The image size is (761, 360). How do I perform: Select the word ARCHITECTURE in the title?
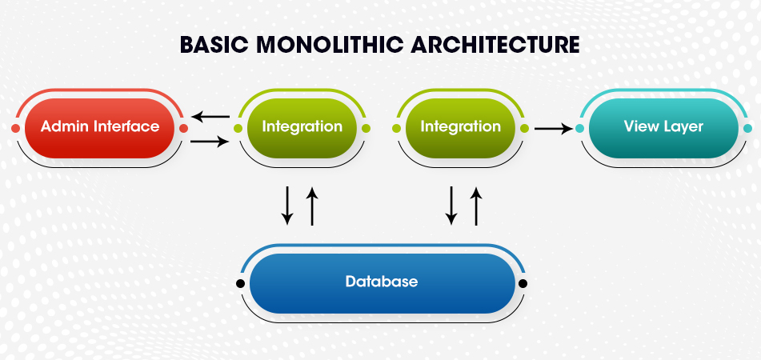pos(495,45)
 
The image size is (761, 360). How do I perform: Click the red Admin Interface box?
pos(99,128)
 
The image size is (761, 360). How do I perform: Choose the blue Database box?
pos(382,283)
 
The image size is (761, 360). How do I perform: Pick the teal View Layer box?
pos(663,128)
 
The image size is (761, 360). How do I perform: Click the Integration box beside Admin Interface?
pos(302,128)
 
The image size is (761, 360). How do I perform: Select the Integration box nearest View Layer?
pos(460,128)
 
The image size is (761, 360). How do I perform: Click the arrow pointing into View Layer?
pos(554,129)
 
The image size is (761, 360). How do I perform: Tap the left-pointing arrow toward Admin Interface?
pos(210,117)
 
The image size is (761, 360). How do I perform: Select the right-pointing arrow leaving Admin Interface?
pos(210,142)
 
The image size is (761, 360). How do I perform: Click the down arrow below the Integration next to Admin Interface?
pos(287,206)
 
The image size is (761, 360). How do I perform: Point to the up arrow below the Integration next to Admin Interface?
pos(312,206)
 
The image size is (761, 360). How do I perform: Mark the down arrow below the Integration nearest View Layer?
pos(452,206)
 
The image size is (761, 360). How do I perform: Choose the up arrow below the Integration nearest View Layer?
pos(477,206)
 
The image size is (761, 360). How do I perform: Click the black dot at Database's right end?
pos(523,283)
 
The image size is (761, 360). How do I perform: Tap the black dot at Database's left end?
pos(240,283)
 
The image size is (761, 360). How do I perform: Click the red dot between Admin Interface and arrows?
pos(183,128)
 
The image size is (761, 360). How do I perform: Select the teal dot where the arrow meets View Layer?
pos(579,128)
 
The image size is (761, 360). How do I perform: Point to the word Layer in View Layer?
pos(680,127)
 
